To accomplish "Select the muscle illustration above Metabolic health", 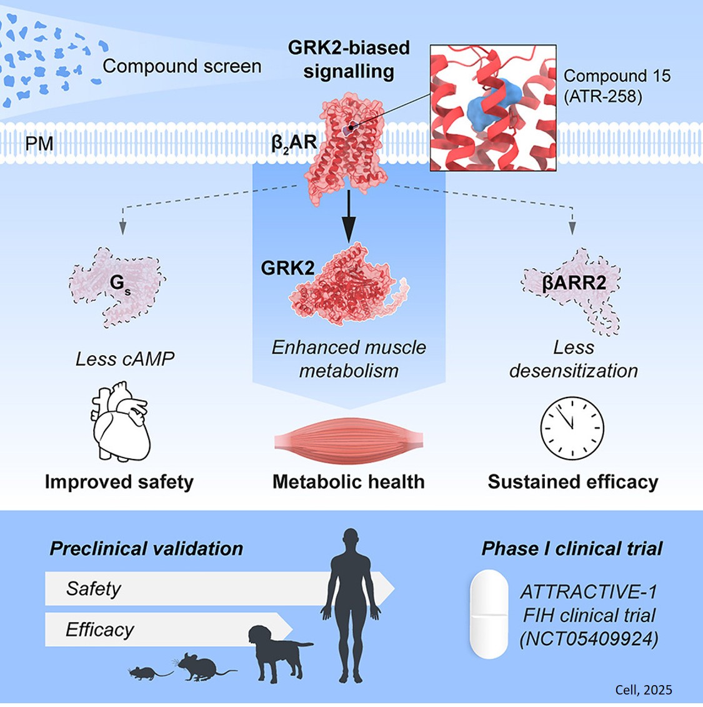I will pos(348,441).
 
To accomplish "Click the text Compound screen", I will pos(182,66).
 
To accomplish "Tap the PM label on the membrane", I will pos(39,144).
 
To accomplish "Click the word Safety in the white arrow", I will pos(93,589).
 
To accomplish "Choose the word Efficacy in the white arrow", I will pos(99,629).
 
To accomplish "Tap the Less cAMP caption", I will pos(124,359).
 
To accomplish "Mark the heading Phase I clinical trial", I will pos(571,549).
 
